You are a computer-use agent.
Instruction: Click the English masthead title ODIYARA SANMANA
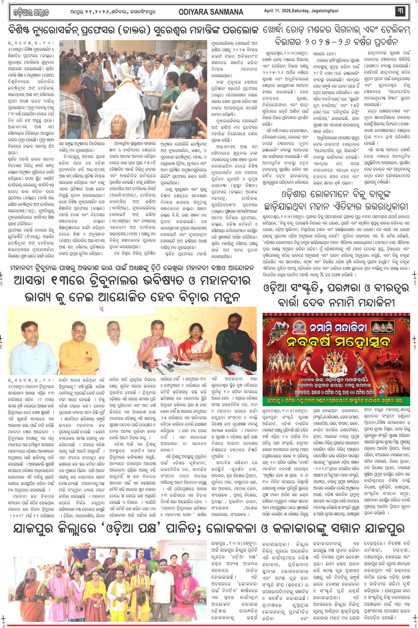pos(211,12)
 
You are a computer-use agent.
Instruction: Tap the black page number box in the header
pos(400,11)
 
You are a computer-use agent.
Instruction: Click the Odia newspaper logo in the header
pos(31,12)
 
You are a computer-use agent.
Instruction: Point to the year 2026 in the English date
pos(285,11)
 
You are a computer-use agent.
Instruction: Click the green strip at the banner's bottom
pos(336,401)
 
